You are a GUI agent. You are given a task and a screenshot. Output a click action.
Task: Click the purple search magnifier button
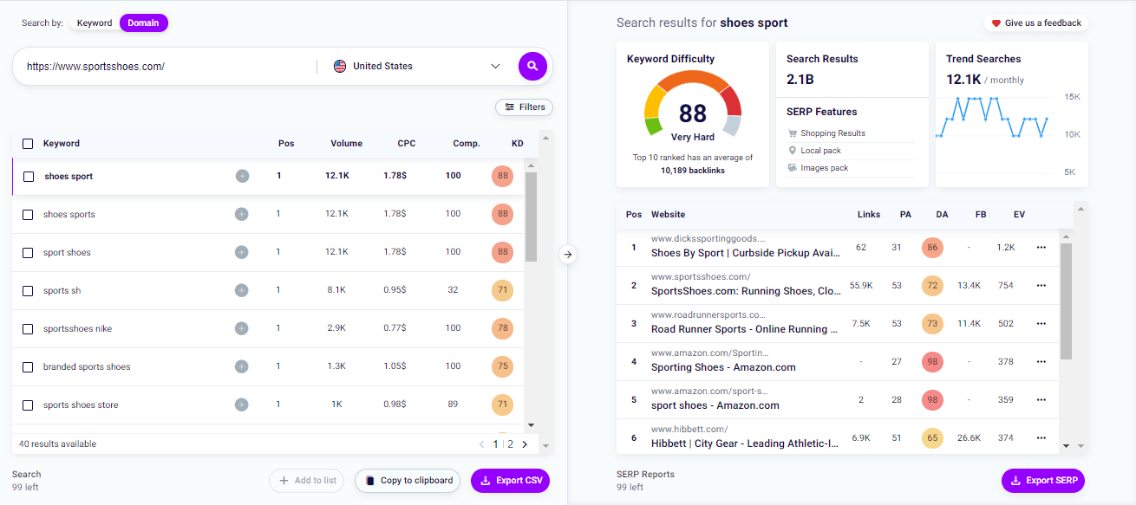point(532,66)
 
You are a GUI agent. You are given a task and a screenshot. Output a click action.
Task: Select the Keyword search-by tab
point(95,23)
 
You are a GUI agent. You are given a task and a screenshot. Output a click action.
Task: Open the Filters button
point(524,107)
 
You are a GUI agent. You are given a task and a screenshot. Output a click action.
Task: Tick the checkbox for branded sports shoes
point(28,367)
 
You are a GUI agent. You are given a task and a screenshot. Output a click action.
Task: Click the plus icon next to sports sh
point(242,291)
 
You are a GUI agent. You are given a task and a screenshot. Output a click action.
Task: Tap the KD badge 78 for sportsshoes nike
point(502,329)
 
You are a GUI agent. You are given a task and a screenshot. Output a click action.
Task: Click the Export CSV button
point(510,481)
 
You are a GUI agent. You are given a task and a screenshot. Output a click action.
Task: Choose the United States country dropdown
point(417,67)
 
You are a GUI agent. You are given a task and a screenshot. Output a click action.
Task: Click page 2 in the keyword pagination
point(510,444)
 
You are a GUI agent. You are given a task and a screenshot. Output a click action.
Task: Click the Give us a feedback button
point(1035,23)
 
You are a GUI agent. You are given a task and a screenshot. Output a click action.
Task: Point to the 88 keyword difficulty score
point(693,114)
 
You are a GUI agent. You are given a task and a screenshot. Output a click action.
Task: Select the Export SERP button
point(1042,481)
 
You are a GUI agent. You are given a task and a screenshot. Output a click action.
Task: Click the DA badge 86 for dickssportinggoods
point(933,248)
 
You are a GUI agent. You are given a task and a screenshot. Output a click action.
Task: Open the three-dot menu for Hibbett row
point(1041,438)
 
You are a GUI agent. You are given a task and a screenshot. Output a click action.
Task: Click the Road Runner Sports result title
point(744,329)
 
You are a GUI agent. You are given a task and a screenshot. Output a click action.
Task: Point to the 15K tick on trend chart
point(1071,97)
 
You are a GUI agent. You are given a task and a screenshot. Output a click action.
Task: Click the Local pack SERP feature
point(819,151)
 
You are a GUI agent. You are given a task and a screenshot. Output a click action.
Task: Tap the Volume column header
point(346,144)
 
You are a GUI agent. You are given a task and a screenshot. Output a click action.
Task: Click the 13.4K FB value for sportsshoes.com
point(969,286)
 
